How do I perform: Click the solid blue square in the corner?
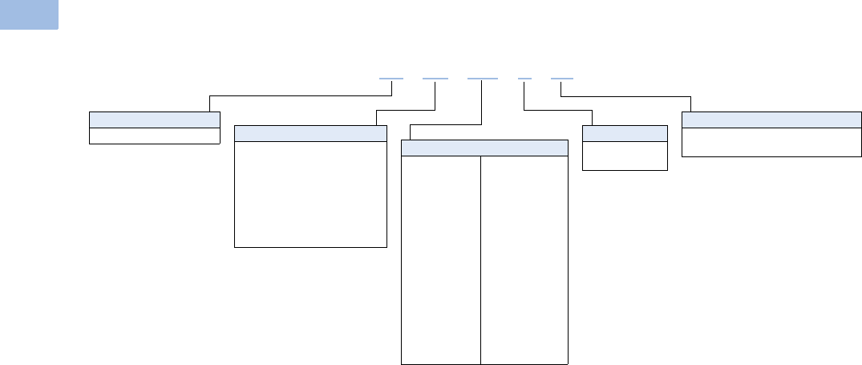click(x=29, y=14)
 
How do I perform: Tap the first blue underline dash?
click(x=391, y=79)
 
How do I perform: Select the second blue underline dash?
click(x=435, y=79)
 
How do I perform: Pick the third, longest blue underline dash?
click(x=482, y=79)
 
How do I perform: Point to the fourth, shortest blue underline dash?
click(x=524, y=79)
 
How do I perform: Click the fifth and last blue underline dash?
click(x=562, y=79)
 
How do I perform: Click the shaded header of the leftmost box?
click(x=154, y=120)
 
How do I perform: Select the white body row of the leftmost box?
click(x=154, y=136)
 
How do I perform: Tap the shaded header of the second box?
click(x=310, y=133)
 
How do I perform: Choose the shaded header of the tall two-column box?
click(x=484, y=148)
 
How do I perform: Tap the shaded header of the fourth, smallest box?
click(x=625, y=133)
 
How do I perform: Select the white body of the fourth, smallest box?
click(x=625, y=156)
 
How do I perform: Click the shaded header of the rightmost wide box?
click(x=771, y=120)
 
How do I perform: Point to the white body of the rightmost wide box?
click(x=771, y=142)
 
